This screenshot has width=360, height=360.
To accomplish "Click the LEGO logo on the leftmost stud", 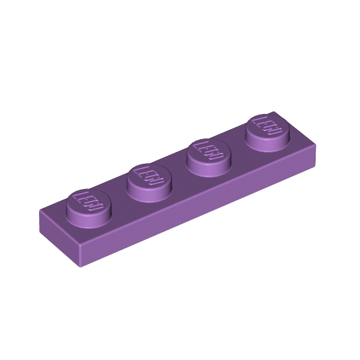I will click(89, 201).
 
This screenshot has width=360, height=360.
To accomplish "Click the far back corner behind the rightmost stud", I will click(273, 112).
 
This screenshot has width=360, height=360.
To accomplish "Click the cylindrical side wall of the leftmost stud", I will click(89, 218).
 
